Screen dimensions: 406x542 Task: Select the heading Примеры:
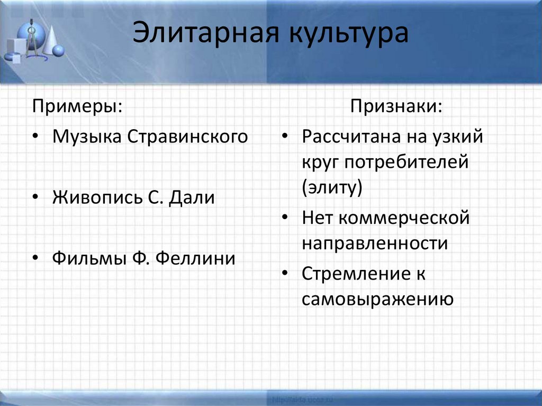tap(77, 105)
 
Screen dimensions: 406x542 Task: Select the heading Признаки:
tap(396, 105)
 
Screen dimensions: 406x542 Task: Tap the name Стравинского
tap(187, 137)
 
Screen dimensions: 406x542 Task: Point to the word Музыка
tap(87, 137)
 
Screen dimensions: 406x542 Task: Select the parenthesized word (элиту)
tap(332, 187)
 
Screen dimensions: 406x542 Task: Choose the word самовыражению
tap(377, 299)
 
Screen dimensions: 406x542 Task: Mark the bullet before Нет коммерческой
tap(285, 218)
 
